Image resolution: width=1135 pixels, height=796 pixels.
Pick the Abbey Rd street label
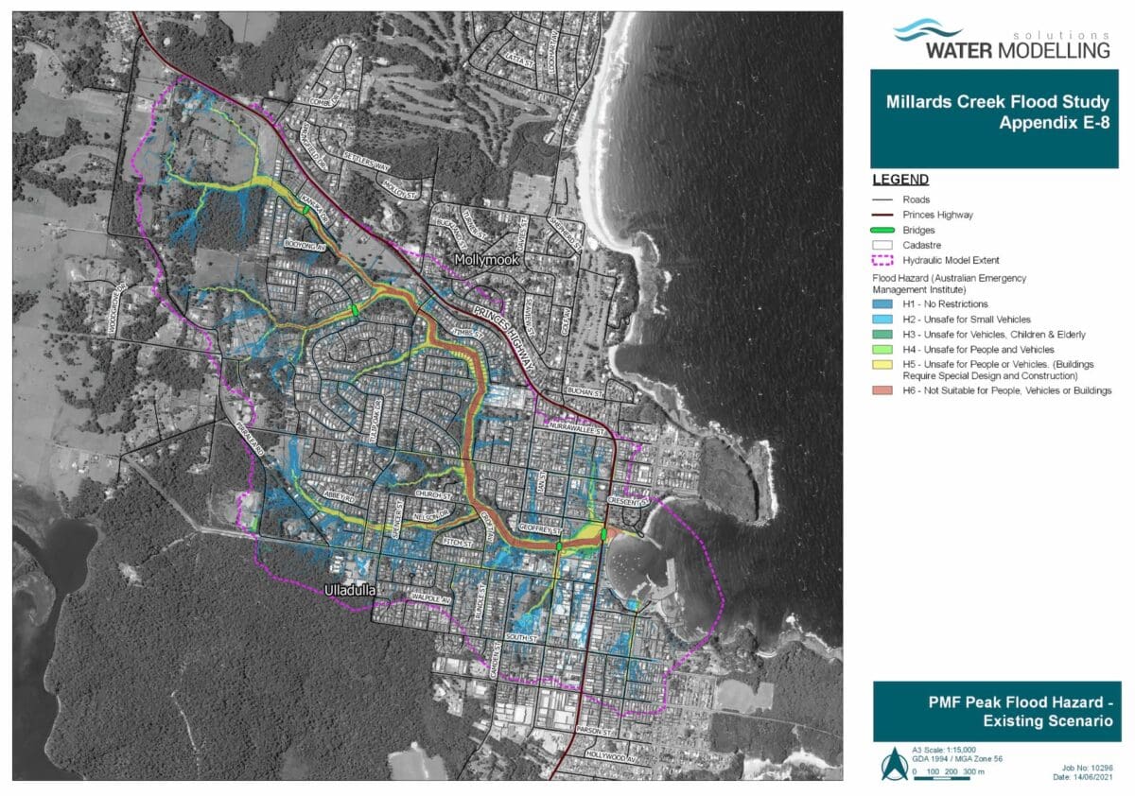pos(338,493)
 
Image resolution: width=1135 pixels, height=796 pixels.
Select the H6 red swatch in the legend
pos(885,390)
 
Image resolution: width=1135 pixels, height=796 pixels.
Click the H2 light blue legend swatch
pos(885,320)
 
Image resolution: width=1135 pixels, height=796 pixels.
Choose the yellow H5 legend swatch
pos(885,365)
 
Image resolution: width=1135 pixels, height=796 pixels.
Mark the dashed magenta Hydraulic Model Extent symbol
pos(885,260)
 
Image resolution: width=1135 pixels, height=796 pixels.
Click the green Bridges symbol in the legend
pos(885,230)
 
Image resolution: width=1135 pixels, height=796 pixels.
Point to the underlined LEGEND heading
pos(899,180)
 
